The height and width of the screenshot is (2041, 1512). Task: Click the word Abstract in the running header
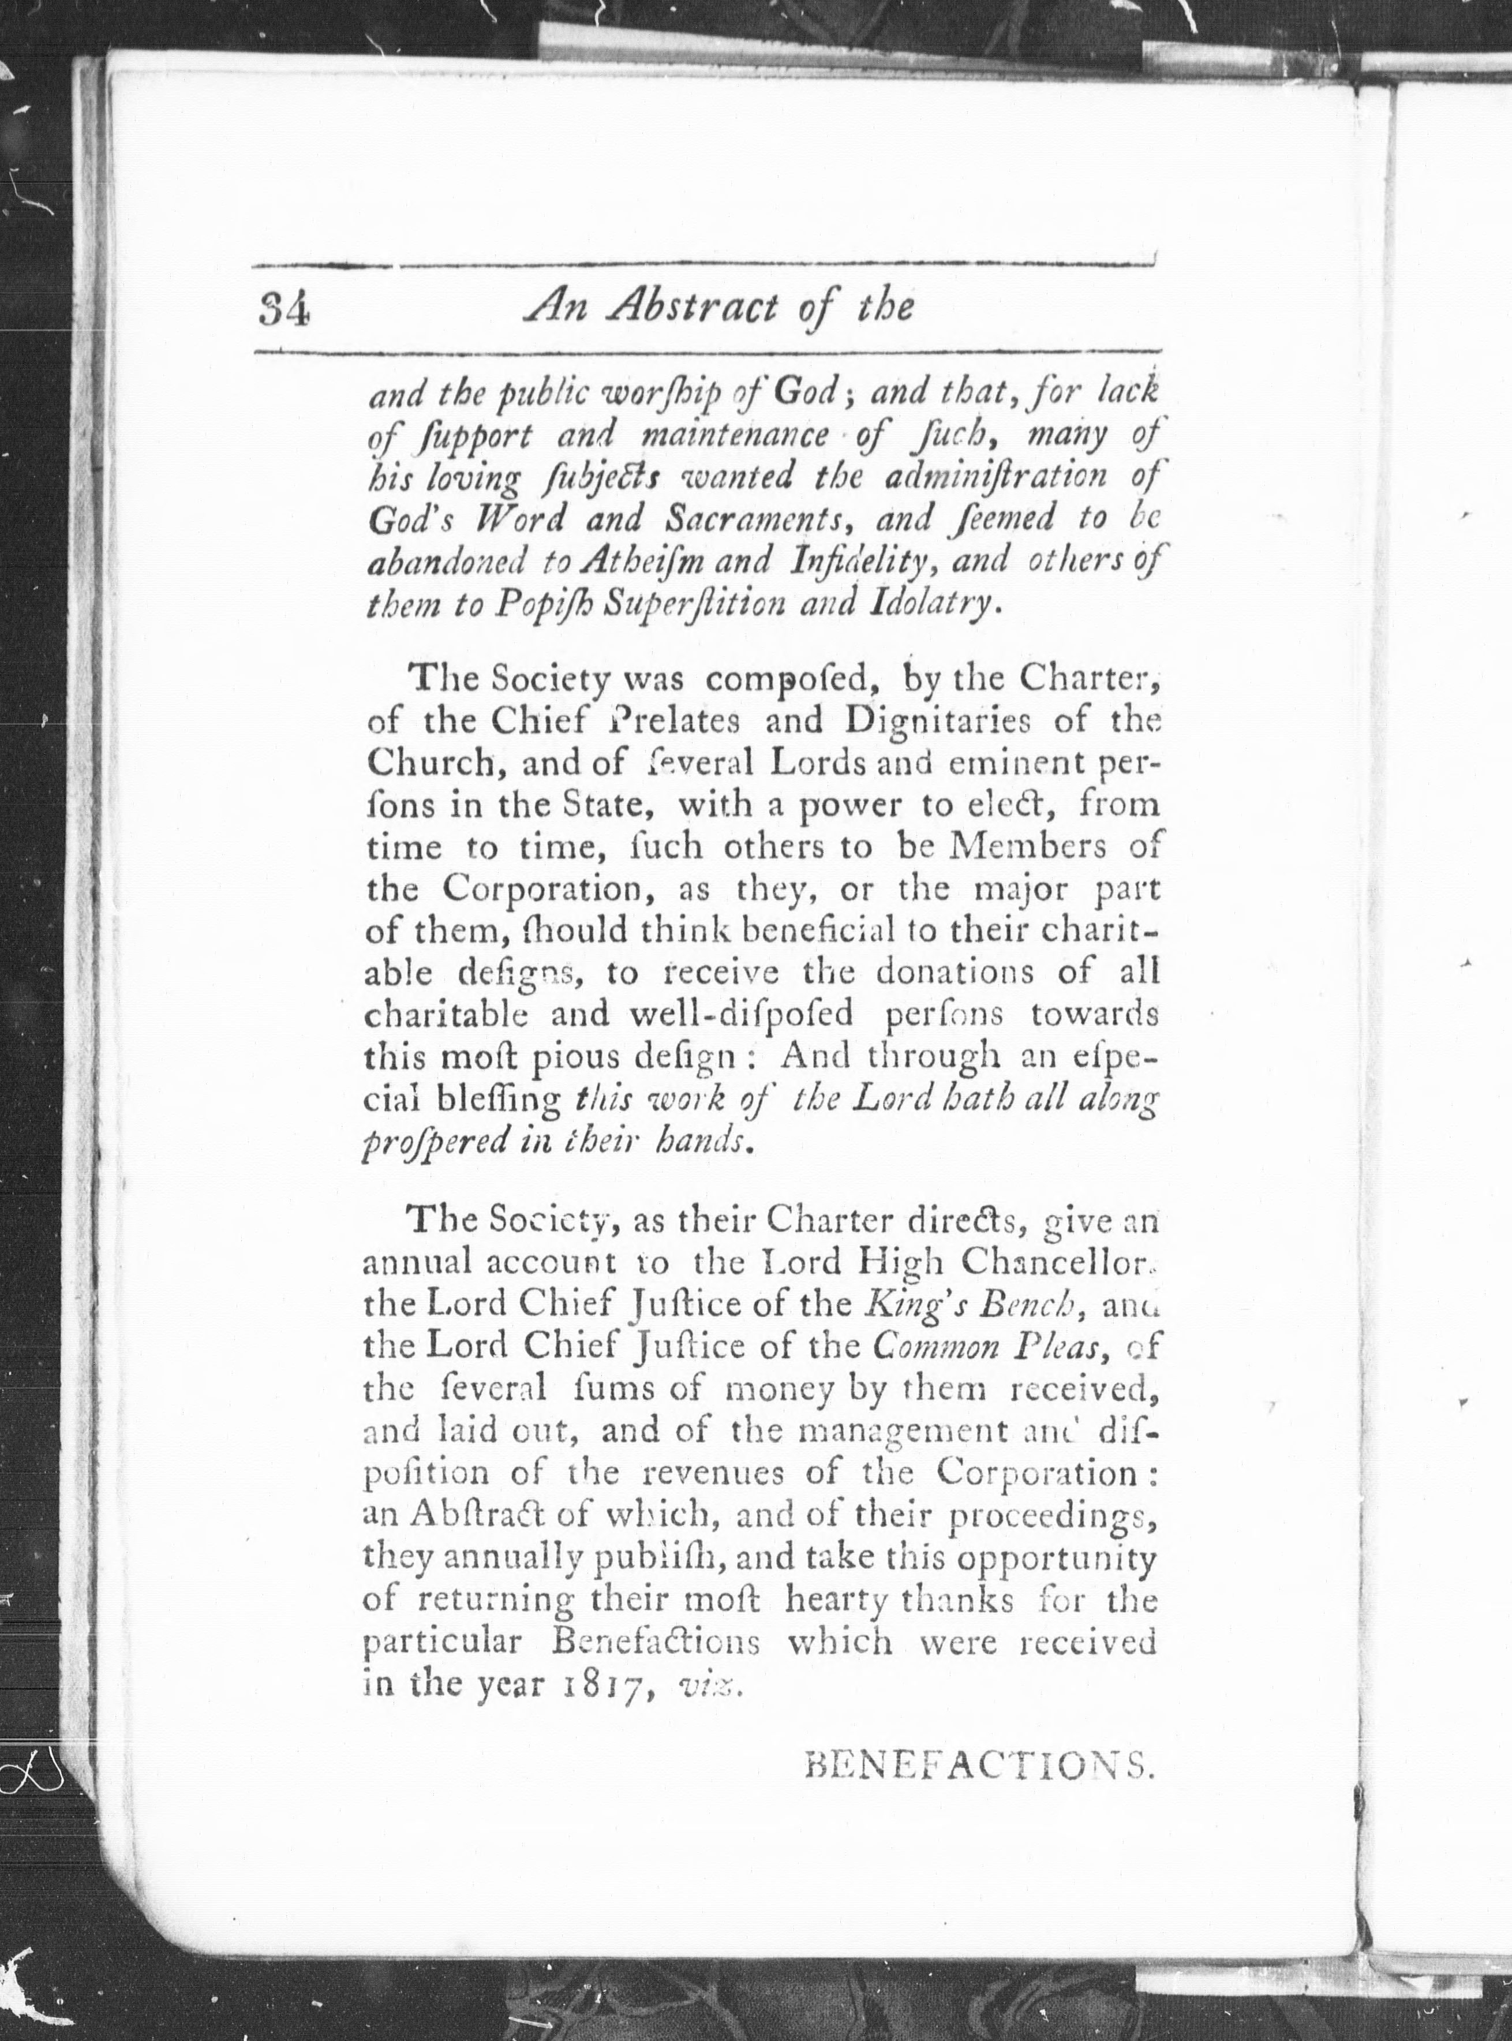point(693,308)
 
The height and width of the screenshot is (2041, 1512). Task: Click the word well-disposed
point(728,1014)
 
